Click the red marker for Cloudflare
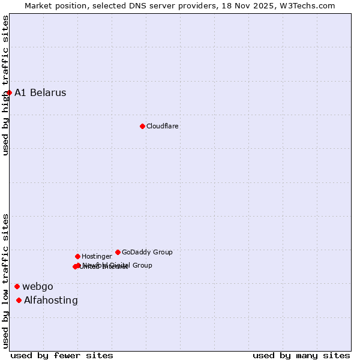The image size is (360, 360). point(142,126)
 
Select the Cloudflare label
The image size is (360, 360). point(163,126)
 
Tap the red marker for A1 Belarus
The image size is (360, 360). point(9,92)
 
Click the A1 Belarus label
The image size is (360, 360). point(40,92)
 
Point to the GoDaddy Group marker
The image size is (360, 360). point(118,252)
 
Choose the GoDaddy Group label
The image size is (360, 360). point(147,252)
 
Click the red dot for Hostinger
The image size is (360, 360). point(77,256)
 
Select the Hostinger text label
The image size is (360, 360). point(97,256)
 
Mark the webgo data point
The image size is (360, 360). point(17,286)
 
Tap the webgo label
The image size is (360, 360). point(38,286)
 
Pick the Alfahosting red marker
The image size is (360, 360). point(19,300)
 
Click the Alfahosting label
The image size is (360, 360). point(51,300)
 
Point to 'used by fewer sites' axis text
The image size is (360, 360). point(62,355)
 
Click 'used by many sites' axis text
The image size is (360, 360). point(301,355)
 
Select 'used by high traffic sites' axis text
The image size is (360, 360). point(5,85)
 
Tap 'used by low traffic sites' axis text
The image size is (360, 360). point(5,280)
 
